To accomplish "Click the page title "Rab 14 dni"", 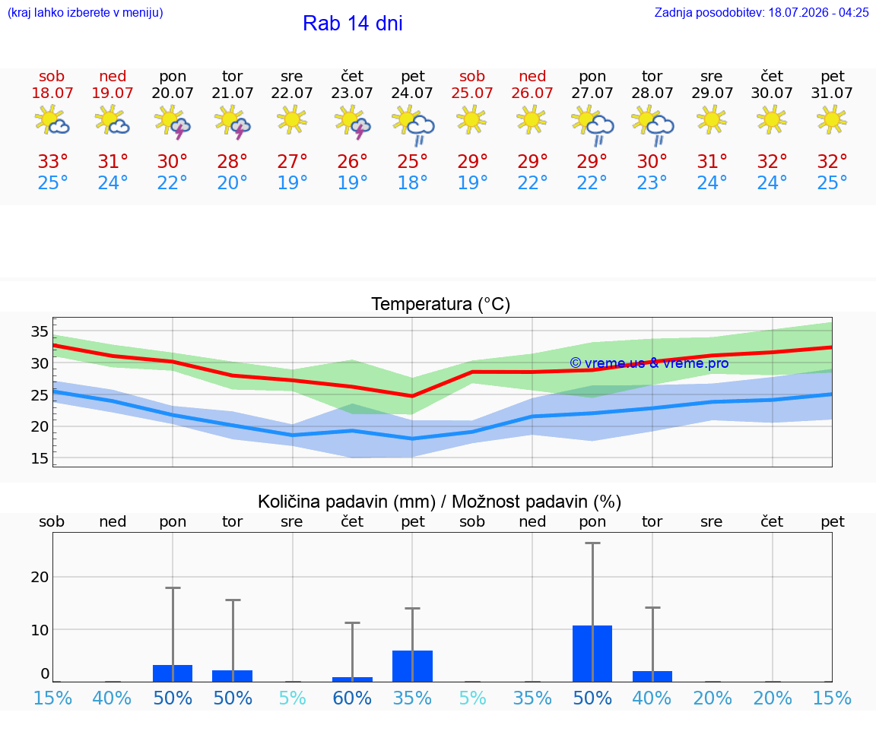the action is click(x=353, y=24).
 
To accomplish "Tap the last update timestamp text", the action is click(x=761, y=12).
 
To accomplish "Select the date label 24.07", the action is click(x=412, y=93).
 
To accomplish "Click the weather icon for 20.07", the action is click(x=173, y=122).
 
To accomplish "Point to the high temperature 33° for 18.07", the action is click(x=52, y=161).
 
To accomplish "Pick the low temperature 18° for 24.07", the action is click(x=412, y=182).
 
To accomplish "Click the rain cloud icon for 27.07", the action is click(x=593, y=125).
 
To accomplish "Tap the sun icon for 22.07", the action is click(x=292, y=119).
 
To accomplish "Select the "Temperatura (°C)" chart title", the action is click(x=441, y=304).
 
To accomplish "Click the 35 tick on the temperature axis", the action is click(x=40, y=331).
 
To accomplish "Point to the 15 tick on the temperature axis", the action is click(x=40, y=458).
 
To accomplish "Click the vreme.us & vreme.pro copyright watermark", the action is click(x=649, y=363).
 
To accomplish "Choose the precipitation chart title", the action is click(x=440, y=502).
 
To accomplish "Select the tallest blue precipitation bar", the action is click(x=592, y=654).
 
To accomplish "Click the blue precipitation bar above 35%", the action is click(x=412, y=667).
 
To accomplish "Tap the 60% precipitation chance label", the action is click(x=352, y=698).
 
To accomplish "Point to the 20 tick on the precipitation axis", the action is click(x=40, y=577).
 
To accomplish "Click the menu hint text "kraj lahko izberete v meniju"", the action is click(x=85, y=12).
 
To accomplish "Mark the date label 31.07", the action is click(x=832, y=93).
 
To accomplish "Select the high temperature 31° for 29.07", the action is click(x=712, y=161).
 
